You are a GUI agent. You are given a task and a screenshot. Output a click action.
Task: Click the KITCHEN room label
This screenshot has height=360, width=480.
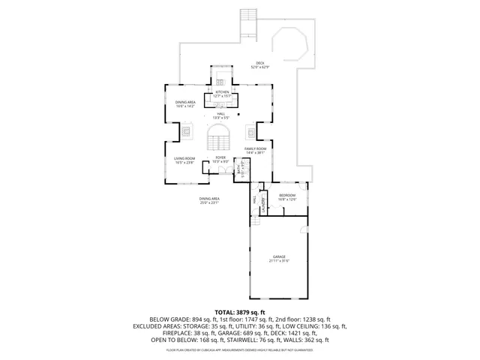tap(222, 92)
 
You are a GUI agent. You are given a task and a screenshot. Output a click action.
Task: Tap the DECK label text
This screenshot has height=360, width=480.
tap(260, 63)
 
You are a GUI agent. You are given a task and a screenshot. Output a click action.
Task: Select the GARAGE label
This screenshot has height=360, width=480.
tap(279, 256)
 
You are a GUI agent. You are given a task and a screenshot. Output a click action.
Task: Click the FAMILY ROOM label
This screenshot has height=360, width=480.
tap(256, 149)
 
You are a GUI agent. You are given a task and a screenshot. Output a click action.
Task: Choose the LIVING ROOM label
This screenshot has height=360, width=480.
tap(184, 158)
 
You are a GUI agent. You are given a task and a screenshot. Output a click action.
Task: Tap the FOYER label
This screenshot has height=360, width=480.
tap(220, 157)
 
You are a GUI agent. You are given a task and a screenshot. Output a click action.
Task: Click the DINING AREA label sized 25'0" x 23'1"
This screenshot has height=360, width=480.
tap(208, 199)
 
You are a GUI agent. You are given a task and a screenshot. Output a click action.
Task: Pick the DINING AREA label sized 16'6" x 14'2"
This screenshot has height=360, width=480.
tap(186, 102)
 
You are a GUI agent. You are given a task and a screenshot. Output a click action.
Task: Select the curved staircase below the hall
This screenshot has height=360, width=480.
tap(220, 138)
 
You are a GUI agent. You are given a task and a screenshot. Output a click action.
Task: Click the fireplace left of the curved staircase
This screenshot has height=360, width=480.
tap(184, 131)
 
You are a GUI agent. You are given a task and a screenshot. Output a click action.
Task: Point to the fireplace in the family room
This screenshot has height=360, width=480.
tap(250, 132)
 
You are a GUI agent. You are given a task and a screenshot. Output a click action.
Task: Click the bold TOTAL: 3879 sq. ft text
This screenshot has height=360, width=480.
tap(240, 311)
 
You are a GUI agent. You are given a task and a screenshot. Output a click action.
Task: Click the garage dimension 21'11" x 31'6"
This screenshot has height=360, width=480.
tap(279, 261)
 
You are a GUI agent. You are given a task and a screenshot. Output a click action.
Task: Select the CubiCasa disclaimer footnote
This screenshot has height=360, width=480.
tap(240, 349)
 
